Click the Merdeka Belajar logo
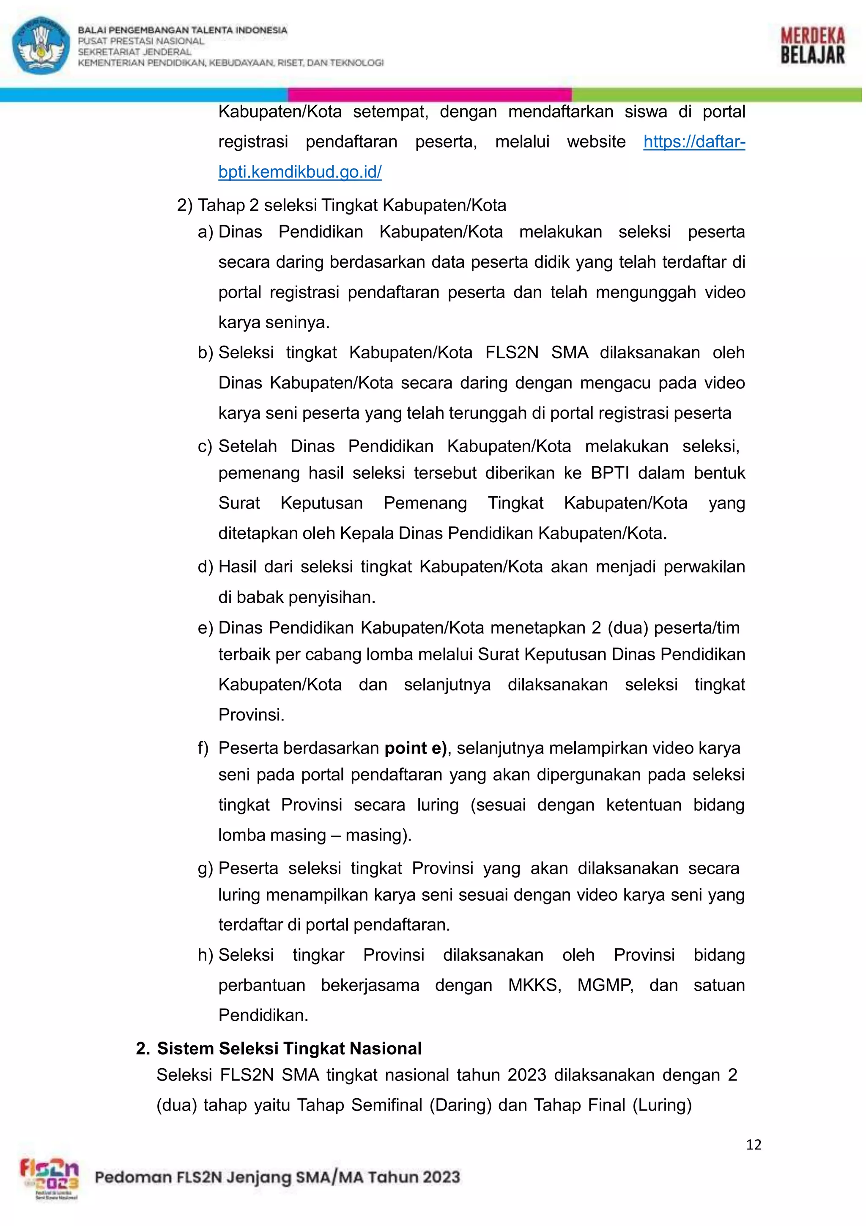[x=812, y=46]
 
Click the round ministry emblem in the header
[x=41, y=45]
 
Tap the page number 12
[x=754, y=1144]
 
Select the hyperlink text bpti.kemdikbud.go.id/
[x=300, y=172]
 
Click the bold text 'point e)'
[x=415, y=748]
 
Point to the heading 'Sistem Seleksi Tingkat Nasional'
[x=289, y=1048]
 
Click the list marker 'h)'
[x=206, y=955]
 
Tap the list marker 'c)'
[x=205, y=446]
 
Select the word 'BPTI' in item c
[x=610, y=473]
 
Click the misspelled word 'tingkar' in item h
[x=318, y=955]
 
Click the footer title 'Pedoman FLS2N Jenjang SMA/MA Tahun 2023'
[x=277, y=1177]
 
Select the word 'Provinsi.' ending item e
[x=251, y=715]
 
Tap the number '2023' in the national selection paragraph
[x=526, y=1075]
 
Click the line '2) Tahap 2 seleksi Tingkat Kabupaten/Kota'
[x=342, y=205]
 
